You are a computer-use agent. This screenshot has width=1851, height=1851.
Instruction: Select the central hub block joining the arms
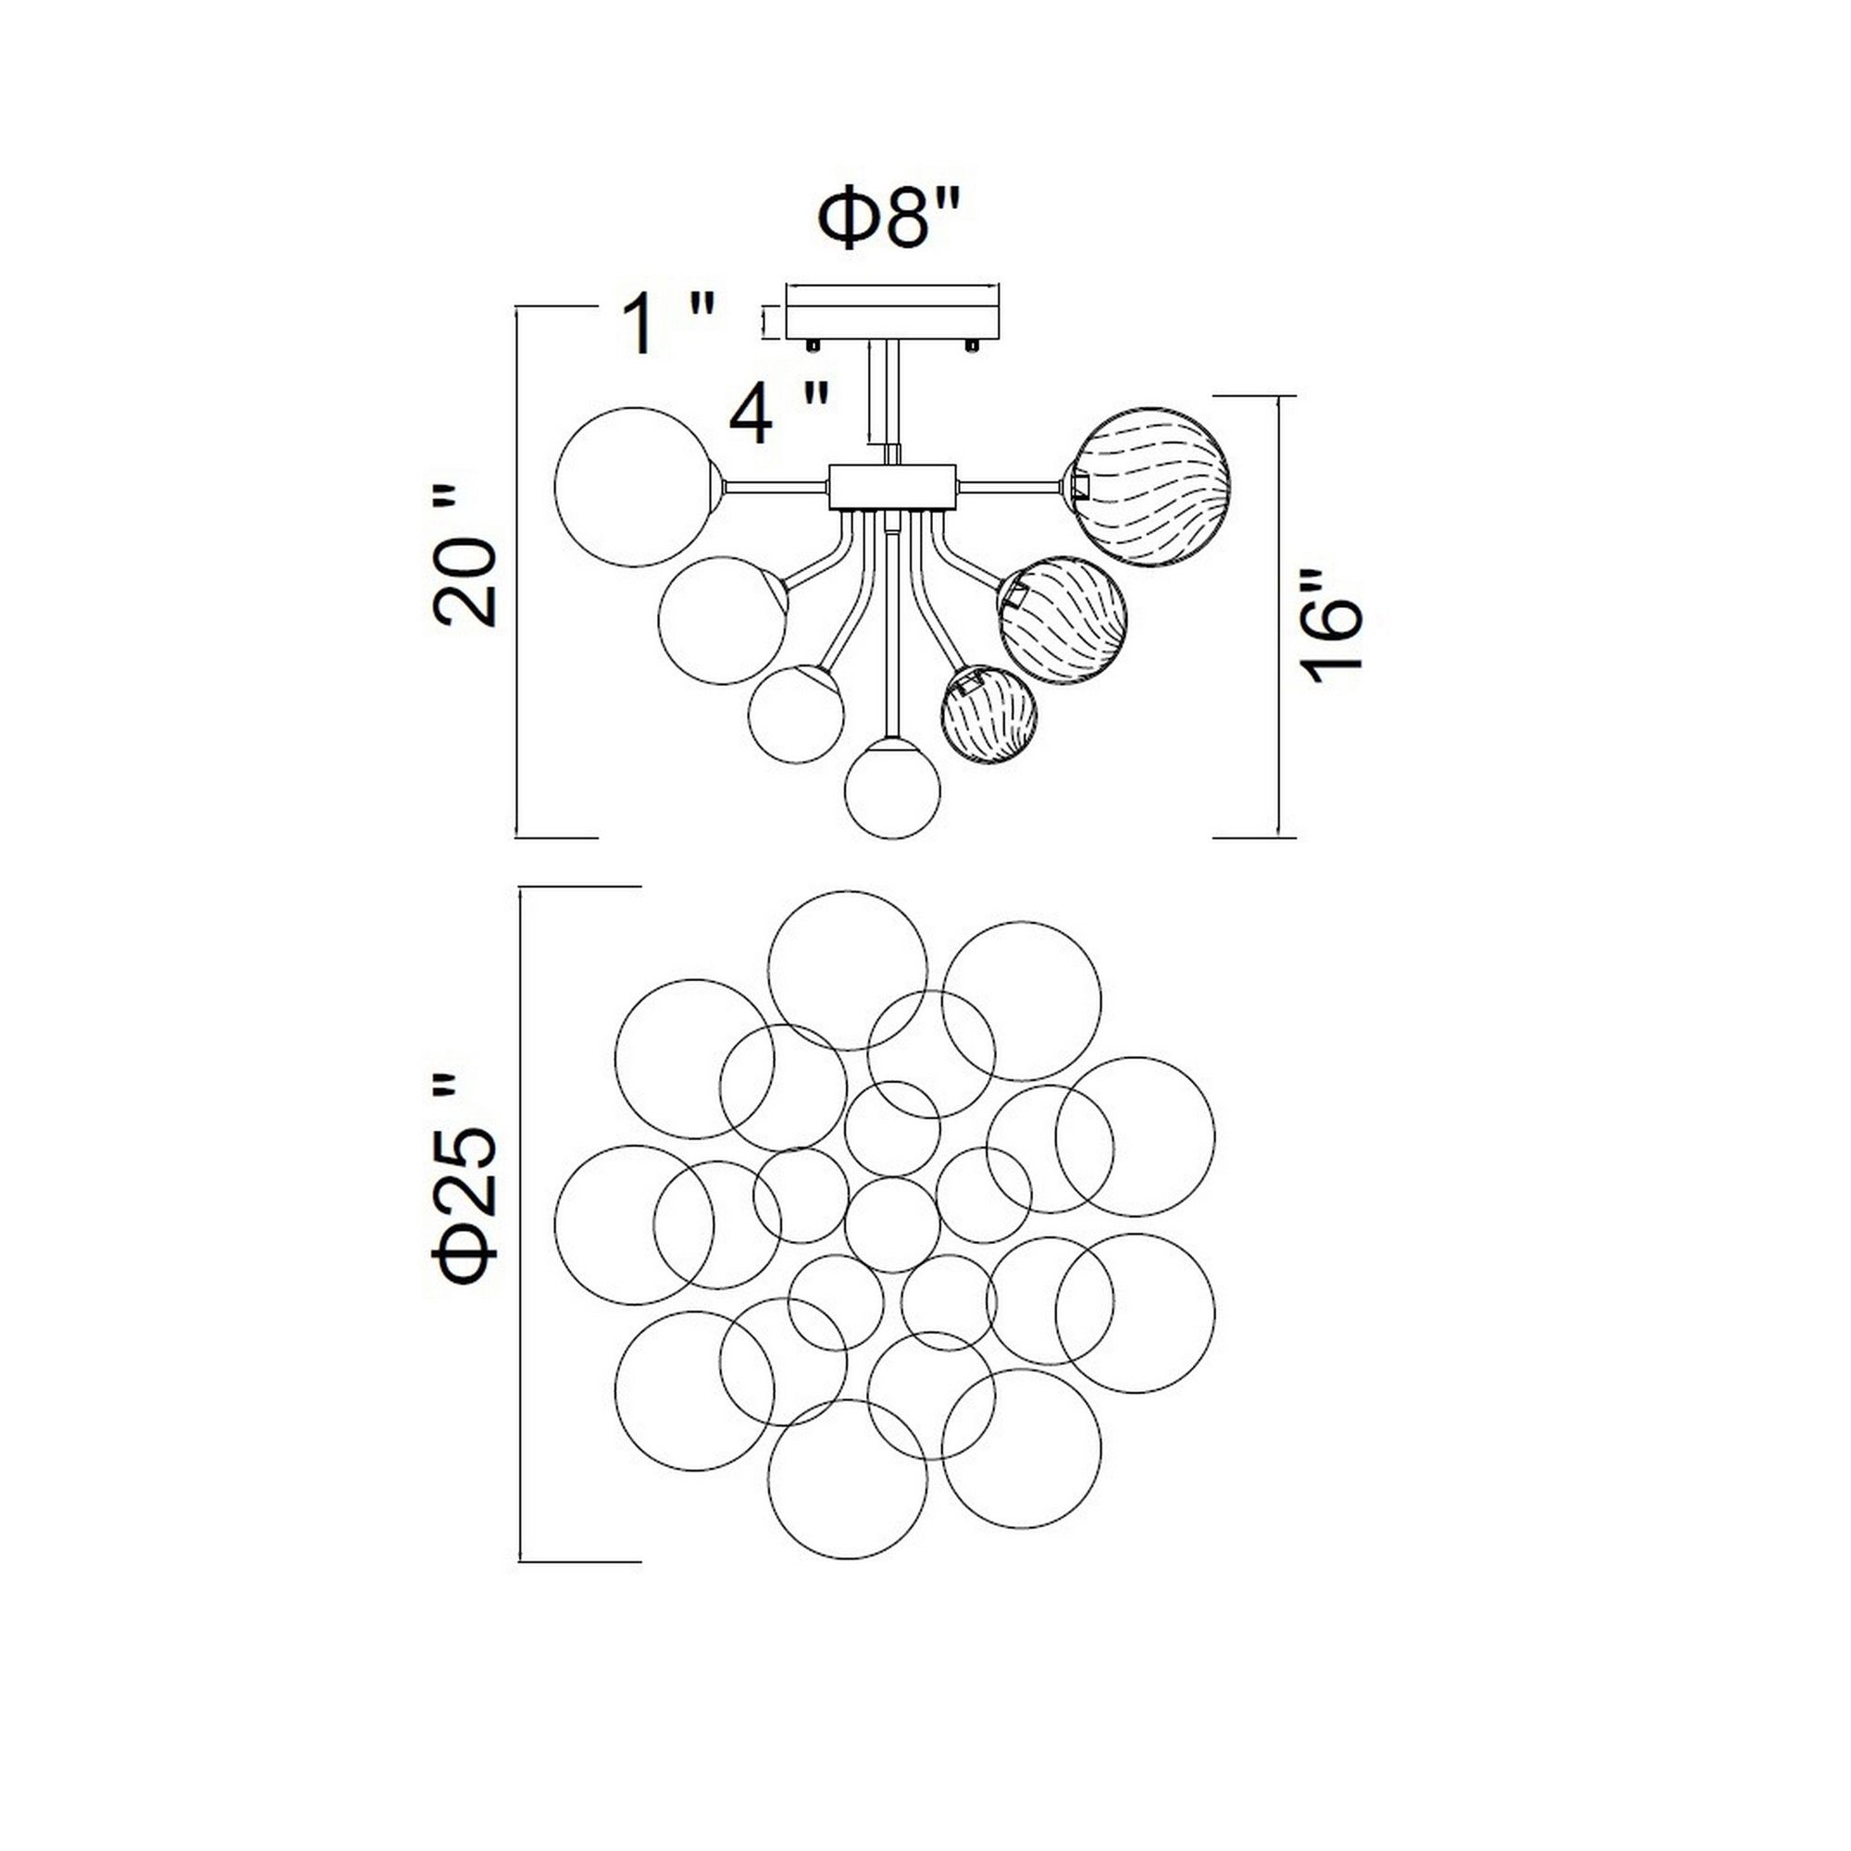coord(892,487)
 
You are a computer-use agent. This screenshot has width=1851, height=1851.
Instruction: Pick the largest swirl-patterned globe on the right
coord(1150,487)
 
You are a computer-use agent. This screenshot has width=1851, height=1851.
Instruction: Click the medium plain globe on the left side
coord(723,620)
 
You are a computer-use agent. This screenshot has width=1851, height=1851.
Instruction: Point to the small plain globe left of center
coord(796,714)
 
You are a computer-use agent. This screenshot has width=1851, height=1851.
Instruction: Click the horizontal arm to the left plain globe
coord(776,487)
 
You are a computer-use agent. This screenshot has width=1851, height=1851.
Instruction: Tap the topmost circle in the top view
coord(848,971)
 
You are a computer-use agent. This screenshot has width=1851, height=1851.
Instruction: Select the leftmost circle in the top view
coord(633,1224)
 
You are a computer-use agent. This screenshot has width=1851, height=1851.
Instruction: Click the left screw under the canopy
coord(813,343)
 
